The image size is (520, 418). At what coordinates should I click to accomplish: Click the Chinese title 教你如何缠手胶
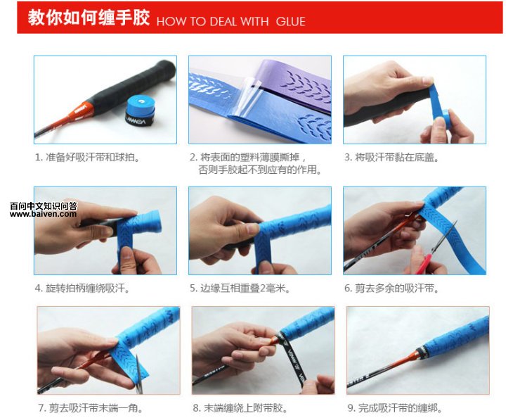coord(89,18)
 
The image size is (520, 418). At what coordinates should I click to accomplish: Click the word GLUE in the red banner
coord(290,22)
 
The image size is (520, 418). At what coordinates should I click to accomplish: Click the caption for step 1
coord(88,157)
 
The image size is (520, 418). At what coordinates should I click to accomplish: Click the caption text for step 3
coord(391,157)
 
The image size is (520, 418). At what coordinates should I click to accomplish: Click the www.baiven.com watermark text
coord(43,214)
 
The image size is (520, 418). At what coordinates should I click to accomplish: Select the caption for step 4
coord(82,288)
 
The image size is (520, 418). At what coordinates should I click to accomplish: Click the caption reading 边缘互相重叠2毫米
coord(240,288)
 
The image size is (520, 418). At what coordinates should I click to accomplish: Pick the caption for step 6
coord(391,288)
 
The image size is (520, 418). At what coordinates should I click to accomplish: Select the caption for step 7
coord(91,407)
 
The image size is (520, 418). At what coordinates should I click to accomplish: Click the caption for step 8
coord(240,407)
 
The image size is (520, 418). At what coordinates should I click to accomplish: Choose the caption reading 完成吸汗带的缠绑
coord(395,407)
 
